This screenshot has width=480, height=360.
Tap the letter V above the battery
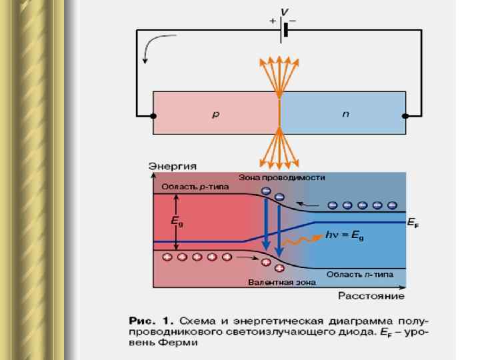click(285, 11)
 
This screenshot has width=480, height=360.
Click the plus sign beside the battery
click(273, 21)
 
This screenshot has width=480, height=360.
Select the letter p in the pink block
click(215, 115)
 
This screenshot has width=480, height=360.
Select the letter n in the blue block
click(345, 115)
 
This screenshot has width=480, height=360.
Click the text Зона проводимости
click(281, 178)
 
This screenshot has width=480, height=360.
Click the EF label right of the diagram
click(413, 224)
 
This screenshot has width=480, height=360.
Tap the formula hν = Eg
click(345, 235)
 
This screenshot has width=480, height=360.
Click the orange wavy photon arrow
click(303, 239)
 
